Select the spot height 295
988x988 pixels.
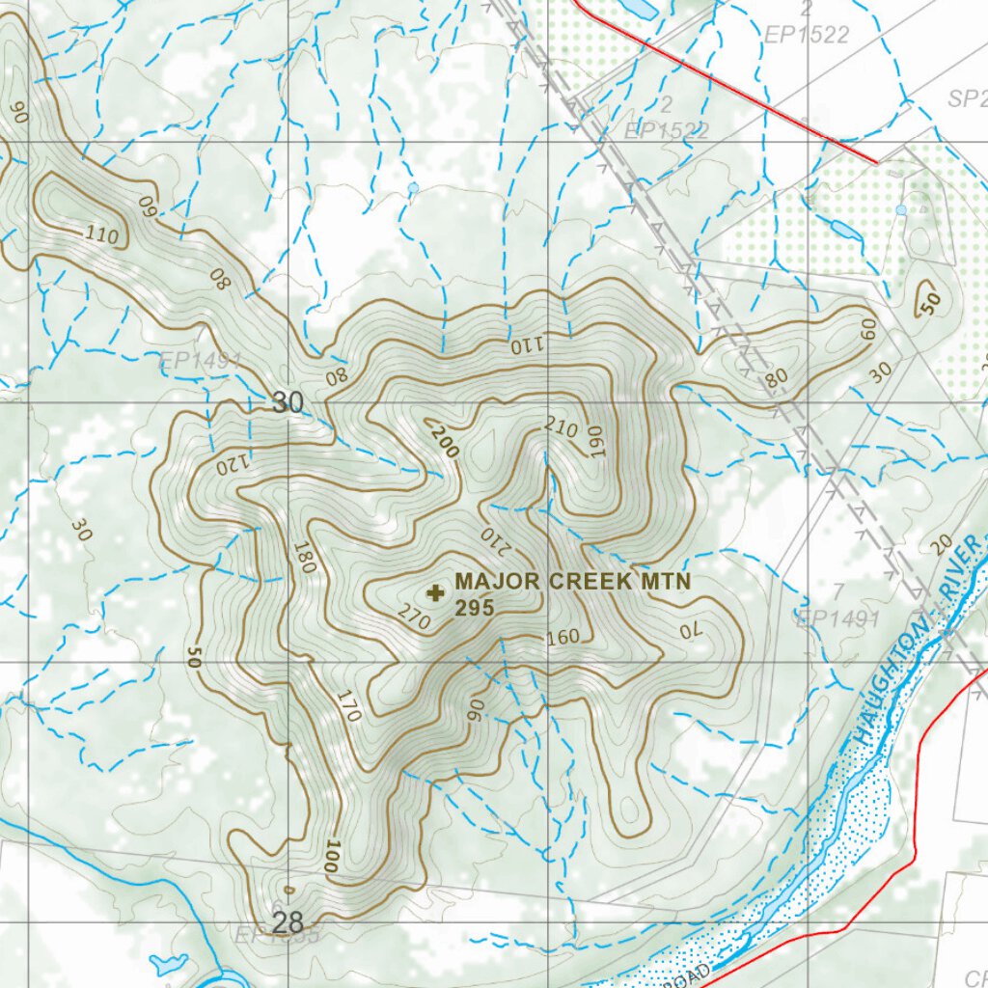pos(475,608)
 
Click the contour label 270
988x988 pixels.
pos(413,618)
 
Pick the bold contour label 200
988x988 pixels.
pos(445,442)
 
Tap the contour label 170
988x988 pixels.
pos(348,706)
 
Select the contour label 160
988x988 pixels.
pos(563,638)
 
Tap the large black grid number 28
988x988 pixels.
pos(288,923)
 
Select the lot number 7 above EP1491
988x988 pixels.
pos(838,591)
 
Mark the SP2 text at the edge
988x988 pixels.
pos(967,99)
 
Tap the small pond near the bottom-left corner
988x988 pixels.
pos(170,963)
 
